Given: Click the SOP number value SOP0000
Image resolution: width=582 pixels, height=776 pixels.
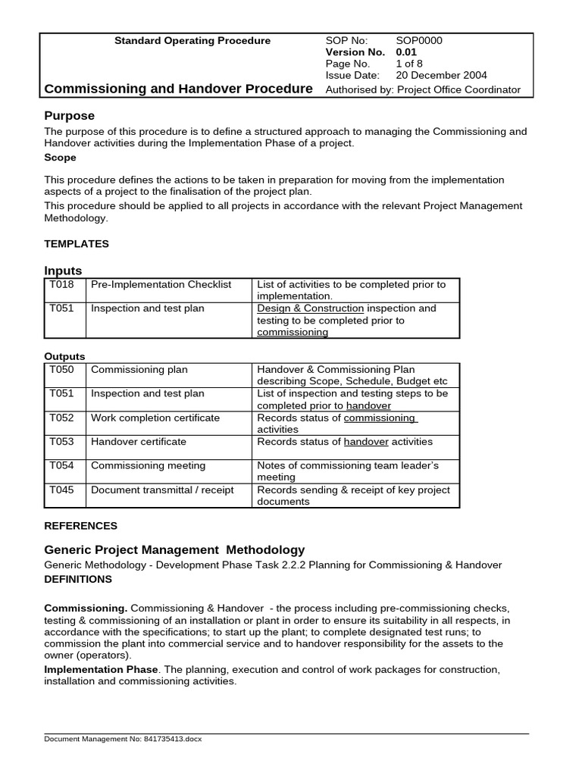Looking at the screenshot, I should click(x=419, y=41).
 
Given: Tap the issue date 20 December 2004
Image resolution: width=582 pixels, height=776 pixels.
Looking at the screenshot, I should click(x=441, y=75).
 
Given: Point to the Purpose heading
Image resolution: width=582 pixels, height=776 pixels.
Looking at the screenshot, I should click(x=70, y=116).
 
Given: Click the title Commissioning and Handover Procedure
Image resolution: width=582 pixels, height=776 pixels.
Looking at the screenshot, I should click(x=178, y=89).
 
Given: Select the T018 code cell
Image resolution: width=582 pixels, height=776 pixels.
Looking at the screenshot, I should click(x=61, y=285).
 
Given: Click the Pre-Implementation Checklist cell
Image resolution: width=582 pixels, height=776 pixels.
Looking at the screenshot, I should click(x=161, y=285).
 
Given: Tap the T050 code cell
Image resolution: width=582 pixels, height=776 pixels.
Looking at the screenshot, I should click(x=61, y=370).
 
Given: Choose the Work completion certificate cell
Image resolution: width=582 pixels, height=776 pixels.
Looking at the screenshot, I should click(x=155, y=418).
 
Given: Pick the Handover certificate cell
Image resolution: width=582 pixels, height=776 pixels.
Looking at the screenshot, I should click(x=139, y=442).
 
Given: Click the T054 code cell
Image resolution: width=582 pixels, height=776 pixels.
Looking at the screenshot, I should click(x=61, y=465).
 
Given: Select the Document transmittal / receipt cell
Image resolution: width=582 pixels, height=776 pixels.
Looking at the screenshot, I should click(x=162, y=490).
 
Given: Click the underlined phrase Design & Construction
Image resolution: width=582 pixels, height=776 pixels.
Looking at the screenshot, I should click(x=311, y=308).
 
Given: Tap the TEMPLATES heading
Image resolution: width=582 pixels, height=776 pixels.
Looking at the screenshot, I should click(x=77, y=244).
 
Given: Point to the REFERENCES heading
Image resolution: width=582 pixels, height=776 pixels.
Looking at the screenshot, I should click(x=81, y=526).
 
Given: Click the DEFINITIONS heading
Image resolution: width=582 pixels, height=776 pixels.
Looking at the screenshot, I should click(x=78, y=579).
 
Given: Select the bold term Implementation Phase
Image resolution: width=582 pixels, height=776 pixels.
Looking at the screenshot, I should click(x=101, y=670).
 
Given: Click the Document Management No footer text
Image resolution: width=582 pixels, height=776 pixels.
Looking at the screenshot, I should click(x=124, y=739).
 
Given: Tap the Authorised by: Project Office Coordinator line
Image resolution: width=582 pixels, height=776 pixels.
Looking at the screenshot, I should click(x=423, y=89).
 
